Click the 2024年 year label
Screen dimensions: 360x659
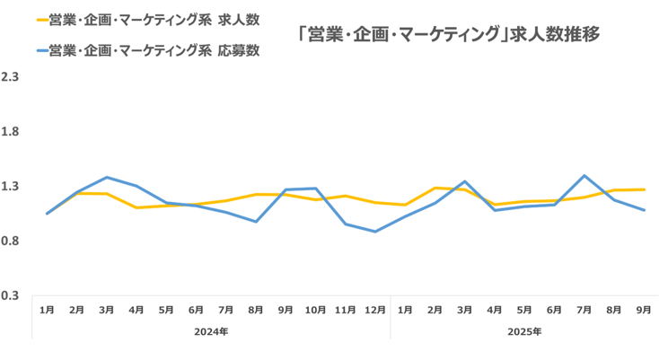(x=211, y=331)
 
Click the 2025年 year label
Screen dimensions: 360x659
(x=524, y=331)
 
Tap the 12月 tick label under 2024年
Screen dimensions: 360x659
(x=375, y=310)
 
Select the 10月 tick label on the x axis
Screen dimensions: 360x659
(x=315, y=310)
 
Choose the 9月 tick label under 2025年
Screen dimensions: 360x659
(x=643, y=310)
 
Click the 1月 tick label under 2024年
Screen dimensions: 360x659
(x=48, y=310)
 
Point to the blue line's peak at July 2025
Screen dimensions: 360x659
(x=584, y=176)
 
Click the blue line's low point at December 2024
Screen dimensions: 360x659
(x=375, y=232)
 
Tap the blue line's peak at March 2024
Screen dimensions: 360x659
(x=107, y=177)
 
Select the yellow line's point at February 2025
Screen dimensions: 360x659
(x=435, y=188)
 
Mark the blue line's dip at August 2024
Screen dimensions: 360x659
(x=256, y=222)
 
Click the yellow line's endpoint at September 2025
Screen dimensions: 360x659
(x=643, y=189)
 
